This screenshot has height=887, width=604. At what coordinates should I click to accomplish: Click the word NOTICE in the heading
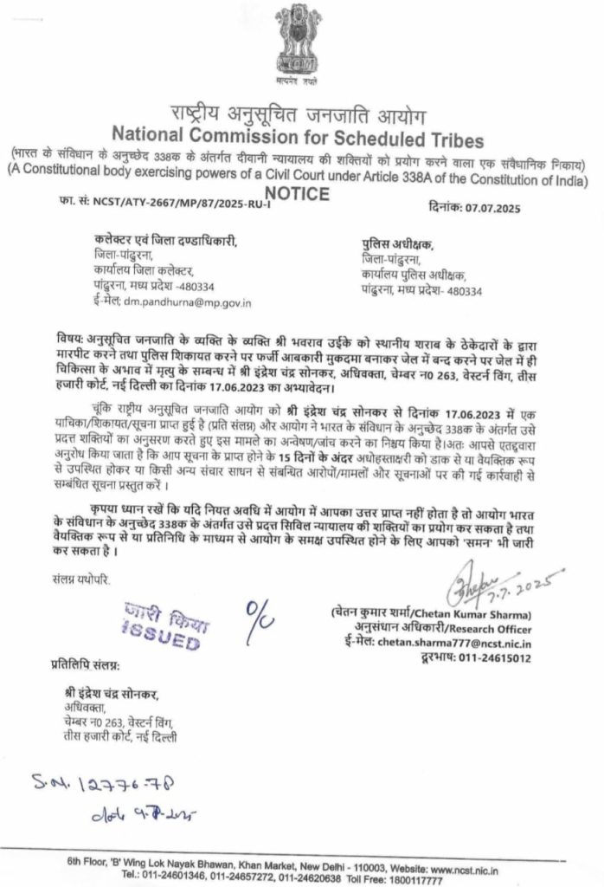(297, 194)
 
